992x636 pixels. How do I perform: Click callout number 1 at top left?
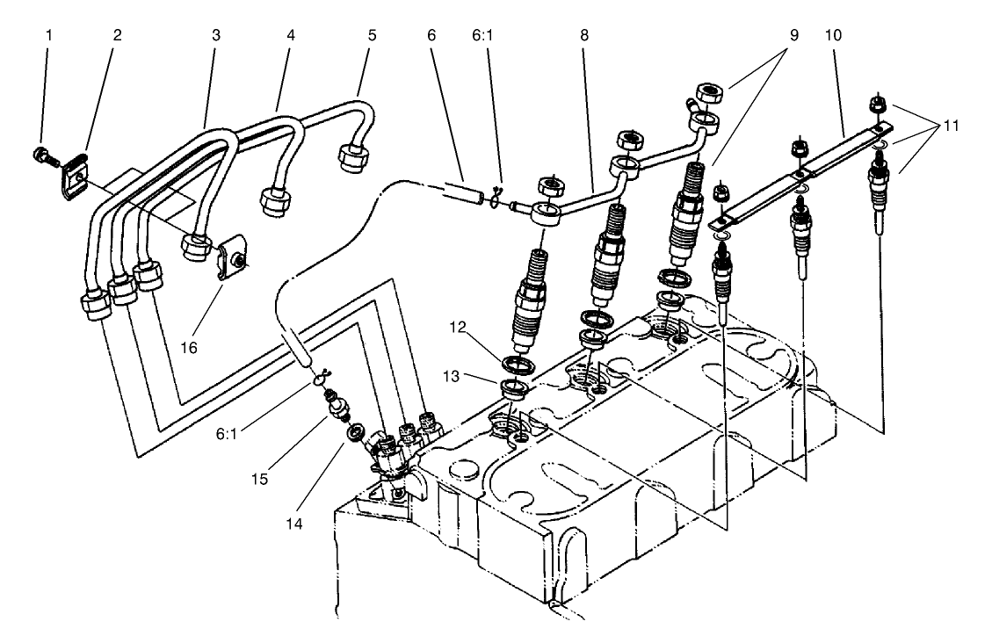tap(49, 35)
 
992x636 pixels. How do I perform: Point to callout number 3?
tap(216, 35)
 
